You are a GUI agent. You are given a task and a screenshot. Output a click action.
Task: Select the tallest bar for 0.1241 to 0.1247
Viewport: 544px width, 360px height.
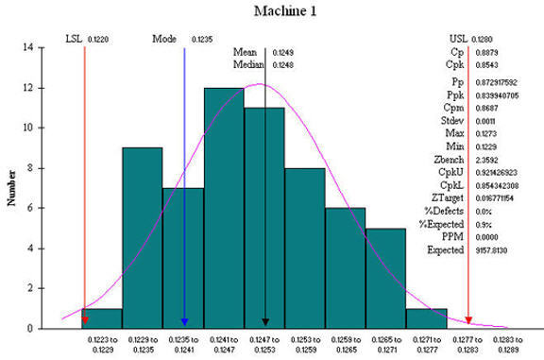pos(224,208)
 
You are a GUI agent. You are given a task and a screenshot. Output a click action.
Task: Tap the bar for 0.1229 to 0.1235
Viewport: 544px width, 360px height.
pos(142,236)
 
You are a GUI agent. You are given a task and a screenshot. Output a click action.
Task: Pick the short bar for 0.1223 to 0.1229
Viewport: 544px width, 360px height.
pos(102,318)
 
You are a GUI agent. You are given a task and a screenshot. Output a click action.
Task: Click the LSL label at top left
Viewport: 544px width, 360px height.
pos(73,39)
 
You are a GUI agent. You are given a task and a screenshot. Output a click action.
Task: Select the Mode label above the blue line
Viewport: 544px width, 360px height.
pos(164,39)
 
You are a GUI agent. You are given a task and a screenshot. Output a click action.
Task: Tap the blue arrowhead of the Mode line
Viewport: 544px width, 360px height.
pos(184,322)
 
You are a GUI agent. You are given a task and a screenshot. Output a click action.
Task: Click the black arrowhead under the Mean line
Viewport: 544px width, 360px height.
pos(265,322)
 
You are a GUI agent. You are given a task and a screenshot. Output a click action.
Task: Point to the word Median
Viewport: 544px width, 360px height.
pos(248,65)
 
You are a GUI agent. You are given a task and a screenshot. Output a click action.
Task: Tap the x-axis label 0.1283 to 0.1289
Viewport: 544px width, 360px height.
pos(508,345)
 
